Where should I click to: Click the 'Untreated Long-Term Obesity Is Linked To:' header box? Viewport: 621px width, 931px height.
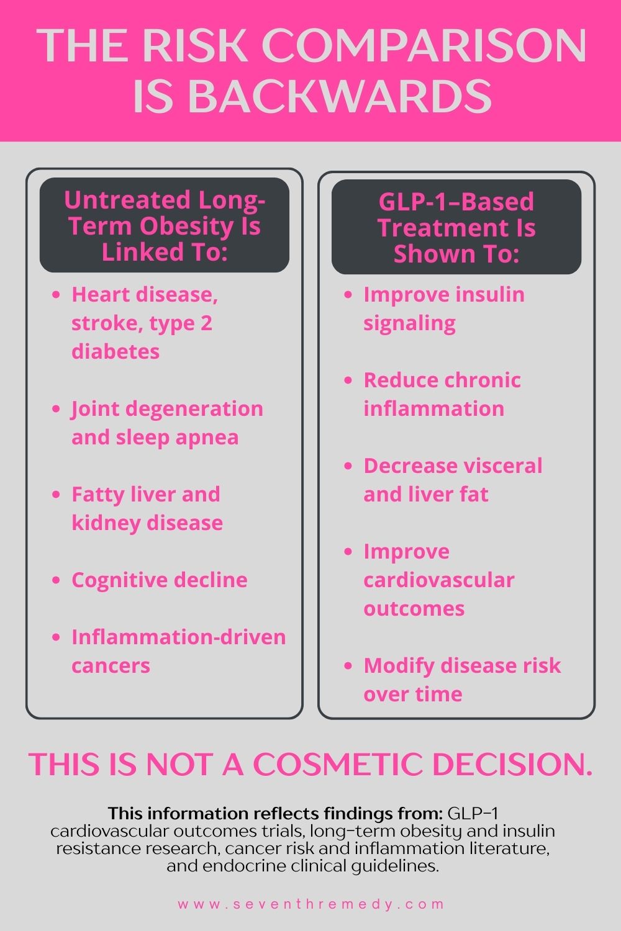(x=165, y=225)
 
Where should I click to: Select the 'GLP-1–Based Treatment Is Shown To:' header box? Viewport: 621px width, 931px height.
(x=456, y=227)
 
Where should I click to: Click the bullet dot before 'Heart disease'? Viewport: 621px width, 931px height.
(x=56, y=295)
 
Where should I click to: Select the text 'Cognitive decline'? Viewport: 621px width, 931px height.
(x=160, y=580)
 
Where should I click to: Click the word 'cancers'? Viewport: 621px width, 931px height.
(x=111, y=666)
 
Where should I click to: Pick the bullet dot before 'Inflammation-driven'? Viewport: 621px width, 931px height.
(x=56, y=637)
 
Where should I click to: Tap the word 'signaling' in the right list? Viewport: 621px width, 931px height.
(x=409, y=324)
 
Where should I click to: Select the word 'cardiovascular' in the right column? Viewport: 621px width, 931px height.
(x=439, y=580)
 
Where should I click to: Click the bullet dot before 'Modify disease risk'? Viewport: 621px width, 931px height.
(x=348, y=666)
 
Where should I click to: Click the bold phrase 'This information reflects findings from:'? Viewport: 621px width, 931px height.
(x=275, y=813)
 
